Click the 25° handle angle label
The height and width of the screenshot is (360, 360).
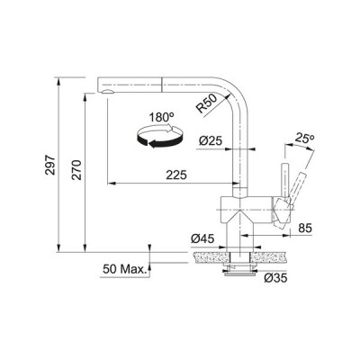(x=304, y=139)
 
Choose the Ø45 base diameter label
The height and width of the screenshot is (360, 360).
(x=202, y=238)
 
